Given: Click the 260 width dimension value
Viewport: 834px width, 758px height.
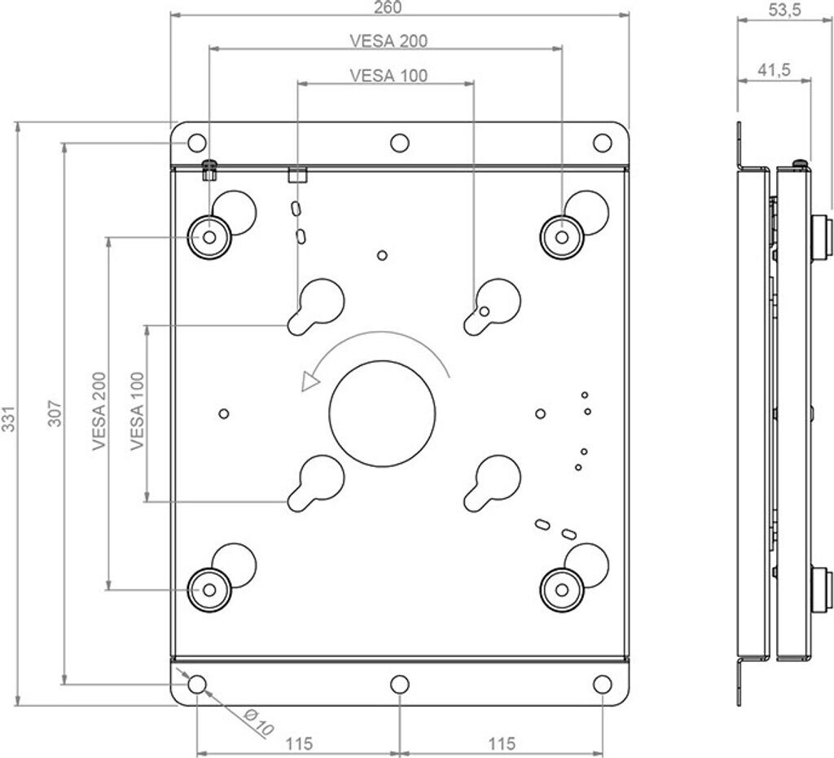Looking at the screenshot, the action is pos(388,7).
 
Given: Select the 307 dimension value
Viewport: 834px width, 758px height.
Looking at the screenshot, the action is pos(55,413).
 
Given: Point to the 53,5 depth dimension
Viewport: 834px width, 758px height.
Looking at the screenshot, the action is pos(784,11).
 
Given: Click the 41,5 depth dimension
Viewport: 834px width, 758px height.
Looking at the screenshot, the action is pos(774,70).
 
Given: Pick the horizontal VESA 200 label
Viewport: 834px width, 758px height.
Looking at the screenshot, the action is pos(388,41).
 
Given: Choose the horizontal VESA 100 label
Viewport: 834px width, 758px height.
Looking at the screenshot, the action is pos(388,76).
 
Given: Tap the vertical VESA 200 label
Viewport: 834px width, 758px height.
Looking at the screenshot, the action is pos(99,411).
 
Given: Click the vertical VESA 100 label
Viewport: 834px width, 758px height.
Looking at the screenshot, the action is pos(137,411).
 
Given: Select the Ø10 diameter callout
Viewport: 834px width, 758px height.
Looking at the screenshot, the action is pos(259,722).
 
